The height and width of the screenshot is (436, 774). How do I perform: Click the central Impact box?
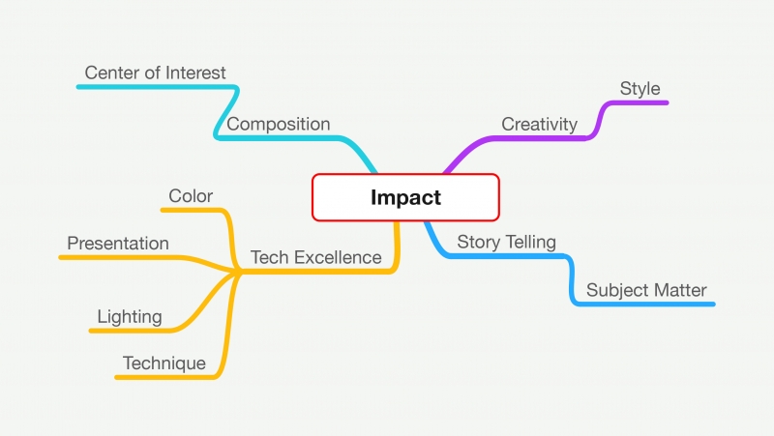tap(405, 197)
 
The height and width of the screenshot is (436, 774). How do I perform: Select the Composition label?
tap(279, 125)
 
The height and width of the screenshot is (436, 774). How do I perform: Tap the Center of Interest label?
tap(155, 73)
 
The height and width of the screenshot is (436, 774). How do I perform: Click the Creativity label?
tap(540, 125)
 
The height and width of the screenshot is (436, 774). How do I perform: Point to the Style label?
tap(640, 89)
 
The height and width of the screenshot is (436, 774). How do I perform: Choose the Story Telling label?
tap(506, 242)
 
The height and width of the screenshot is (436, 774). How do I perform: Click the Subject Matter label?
tap(646, 290)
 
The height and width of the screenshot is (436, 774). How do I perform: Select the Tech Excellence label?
tap(316, 257)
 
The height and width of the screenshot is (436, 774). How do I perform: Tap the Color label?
tap(191, 196)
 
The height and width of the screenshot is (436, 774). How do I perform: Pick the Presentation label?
tap(118, 244)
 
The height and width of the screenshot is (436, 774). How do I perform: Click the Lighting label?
tap(130, 317)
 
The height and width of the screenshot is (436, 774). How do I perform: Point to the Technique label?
tap(164, 363)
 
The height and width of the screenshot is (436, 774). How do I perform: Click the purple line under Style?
tap(637, 102)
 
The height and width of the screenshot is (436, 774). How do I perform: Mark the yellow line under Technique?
tap(165, 378)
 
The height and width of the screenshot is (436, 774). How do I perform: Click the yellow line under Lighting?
tap(131, 331)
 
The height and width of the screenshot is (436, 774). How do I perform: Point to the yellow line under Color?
tap(192, 210)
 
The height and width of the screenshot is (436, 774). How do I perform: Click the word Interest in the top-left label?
tap(195, 73)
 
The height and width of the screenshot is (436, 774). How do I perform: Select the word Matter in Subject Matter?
tap(682, 290)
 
